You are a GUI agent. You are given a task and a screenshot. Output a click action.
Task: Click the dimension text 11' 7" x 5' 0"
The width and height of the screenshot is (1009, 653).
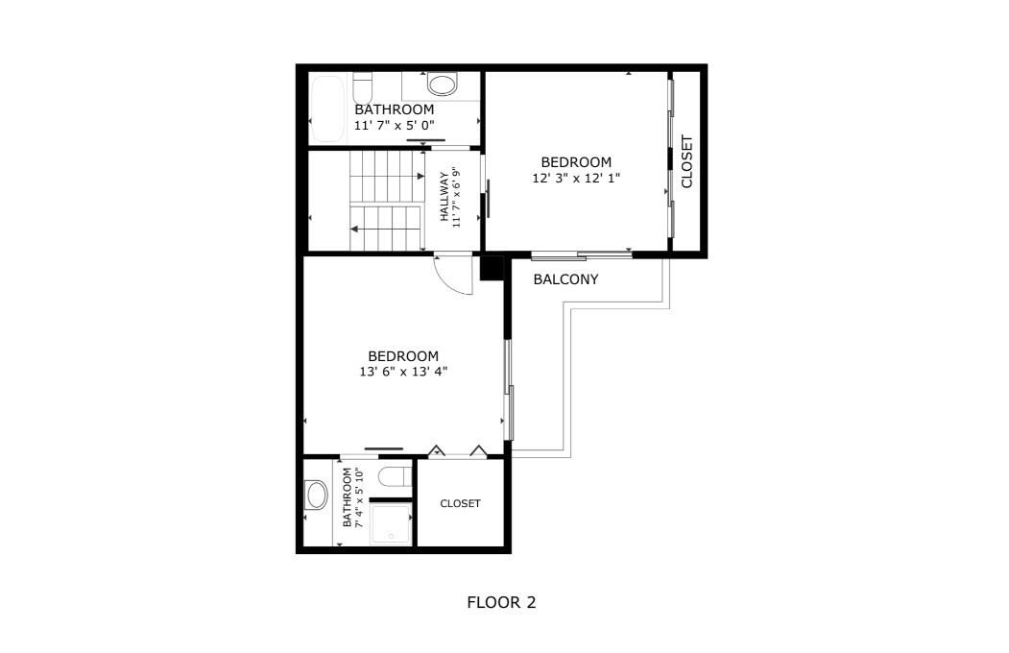click(x=394, y=126)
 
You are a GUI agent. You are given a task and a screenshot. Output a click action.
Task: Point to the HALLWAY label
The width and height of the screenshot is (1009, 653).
click(x=444, y=197)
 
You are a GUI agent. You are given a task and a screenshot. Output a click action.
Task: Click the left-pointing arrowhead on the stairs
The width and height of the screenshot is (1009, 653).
click(x=355, y=230)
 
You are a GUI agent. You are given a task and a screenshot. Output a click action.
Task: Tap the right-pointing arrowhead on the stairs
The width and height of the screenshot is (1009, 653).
click(x=420, y=176)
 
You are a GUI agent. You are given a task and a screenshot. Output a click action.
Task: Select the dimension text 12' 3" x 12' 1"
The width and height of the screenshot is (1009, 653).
click(x=576, y=178)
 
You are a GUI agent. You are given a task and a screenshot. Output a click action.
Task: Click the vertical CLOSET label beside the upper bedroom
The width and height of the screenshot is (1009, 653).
click(x=686, y=160)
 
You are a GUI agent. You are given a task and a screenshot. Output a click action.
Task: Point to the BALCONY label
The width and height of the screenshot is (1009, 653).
click(x=565, y=279)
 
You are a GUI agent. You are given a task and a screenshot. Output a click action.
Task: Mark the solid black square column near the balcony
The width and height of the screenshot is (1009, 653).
click(x=492, y=268)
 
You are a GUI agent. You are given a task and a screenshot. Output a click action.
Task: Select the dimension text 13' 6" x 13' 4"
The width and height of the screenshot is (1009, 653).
click(x=403, y=371)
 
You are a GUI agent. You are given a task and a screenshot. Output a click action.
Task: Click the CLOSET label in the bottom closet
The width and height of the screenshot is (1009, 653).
click(x=460, y=503)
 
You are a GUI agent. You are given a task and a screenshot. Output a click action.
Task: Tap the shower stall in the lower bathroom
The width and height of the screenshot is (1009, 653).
click(x=390, y=524)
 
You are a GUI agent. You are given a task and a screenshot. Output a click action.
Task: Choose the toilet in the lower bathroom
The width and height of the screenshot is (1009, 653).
click(x=394, y=476)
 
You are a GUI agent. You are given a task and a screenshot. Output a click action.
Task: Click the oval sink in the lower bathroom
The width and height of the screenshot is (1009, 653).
click(x=316, y=496)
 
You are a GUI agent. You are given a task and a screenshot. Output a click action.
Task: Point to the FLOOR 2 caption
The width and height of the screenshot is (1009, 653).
click(x=501, y=603)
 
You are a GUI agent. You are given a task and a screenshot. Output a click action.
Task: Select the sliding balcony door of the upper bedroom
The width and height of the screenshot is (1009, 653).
click(x=581, y=255)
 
